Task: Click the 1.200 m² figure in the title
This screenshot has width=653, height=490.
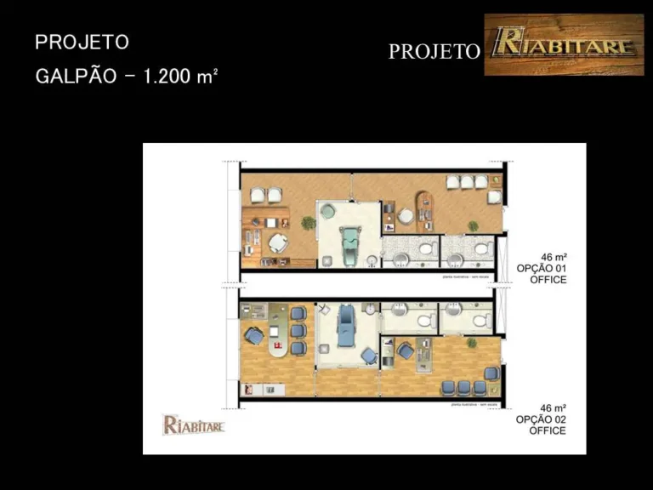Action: click(x=180, y=76)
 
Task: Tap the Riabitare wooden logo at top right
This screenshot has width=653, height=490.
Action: click(x=563, y=44)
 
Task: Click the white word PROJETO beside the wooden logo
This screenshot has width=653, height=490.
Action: click(x=434, y=52)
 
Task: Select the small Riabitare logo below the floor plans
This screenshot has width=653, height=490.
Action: click(x=193, y=424)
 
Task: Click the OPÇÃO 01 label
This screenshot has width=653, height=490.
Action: click(x=542, y=268)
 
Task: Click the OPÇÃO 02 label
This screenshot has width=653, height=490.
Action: click(x=541, y=419)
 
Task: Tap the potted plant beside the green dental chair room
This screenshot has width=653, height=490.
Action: click(x=309, y=223)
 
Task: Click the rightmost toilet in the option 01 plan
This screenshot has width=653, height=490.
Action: click(x=482, y=249)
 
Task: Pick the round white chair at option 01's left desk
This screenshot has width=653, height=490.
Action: click(x=279, y=243)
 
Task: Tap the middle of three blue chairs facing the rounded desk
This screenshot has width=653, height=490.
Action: click(x=298, y=330)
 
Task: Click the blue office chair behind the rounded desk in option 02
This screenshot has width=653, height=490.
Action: click(x=253, y=337)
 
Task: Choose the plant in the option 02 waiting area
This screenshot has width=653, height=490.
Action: click(x=471, y=342)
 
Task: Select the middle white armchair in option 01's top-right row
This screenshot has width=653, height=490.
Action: click(x=467, y=181)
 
